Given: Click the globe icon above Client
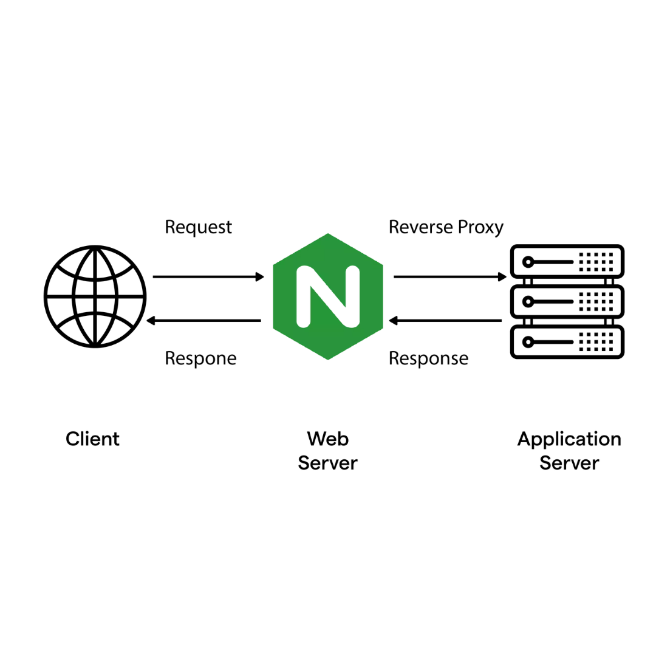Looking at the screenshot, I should (x=95, y=296).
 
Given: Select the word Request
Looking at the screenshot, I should (x=198, y=227).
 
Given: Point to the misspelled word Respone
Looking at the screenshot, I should (x=200, y=358).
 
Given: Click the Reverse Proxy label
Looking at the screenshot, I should (x=446, y=227).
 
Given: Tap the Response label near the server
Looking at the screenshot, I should (x=428, y=358).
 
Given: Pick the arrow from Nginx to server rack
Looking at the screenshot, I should (x=449, y=277).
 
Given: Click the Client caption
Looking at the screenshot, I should (x=92, y=439).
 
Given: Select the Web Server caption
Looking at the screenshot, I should (x=327, y=451).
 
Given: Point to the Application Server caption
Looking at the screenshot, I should (x=569, y=451).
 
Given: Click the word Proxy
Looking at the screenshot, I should (x=480, y=227).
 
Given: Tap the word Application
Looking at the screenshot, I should (x=569, y=439).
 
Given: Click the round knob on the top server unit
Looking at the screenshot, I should (x=528, y=262).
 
